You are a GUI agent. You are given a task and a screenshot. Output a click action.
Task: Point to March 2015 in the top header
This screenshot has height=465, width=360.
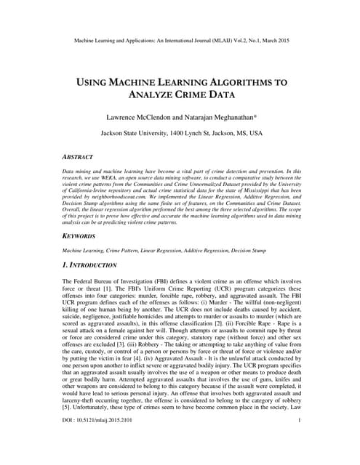[x=274, y=40]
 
